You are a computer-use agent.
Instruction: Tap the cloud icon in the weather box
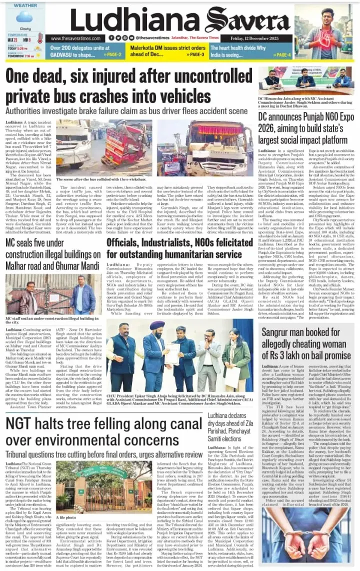pos(23,18)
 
